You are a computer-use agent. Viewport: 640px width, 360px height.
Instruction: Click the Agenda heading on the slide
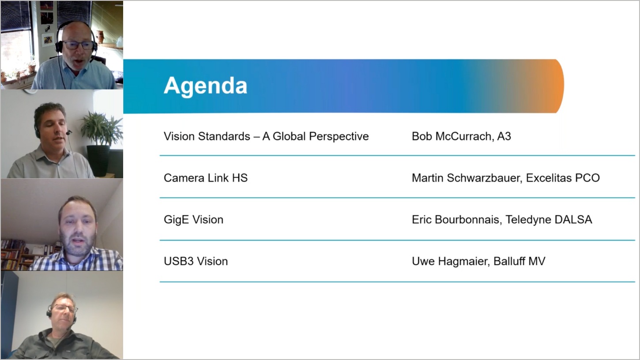pyautogui.click(x=205, y=86)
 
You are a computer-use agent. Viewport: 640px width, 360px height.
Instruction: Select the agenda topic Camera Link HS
pyautogui.click(x=206, y=178)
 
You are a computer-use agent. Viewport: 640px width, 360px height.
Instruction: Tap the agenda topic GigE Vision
pyautogui.click(x=193, y=219)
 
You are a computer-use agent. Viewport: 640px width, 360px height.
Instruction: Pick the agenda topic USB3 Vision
pyautogui.click(x=196, y=261)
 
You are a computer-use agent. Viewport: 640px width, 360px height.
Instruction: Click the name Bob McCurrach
pyautogui.click(x=451, y=136)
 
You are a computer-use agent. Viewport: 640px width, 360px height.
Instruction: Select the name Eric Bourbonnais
pyautogui.click(x=456, y=219)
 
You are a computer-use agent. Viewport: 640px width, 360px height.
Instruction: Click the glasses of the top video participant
pyautogui.click(x=79, y=45)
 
